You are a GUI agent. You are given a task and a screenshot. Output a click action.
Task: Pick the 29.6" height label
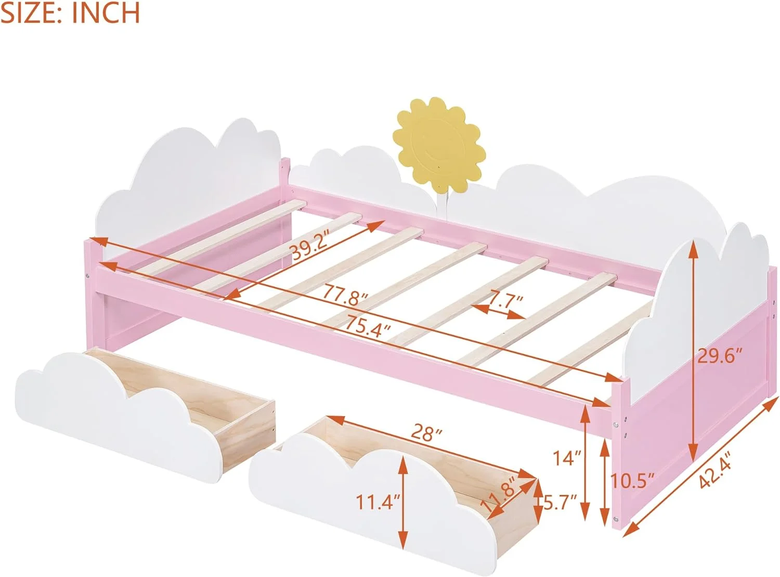[x=719, y=357]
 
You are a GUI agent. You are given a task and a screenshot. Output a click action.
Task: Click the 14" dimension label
[x=566, y=458]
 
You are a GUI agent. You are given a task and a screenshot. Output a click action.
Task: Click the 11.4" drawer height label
[x=378, y=503]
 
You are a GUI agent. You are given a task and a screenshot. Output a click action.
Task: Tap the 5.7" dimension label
[x=561, y=503]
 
